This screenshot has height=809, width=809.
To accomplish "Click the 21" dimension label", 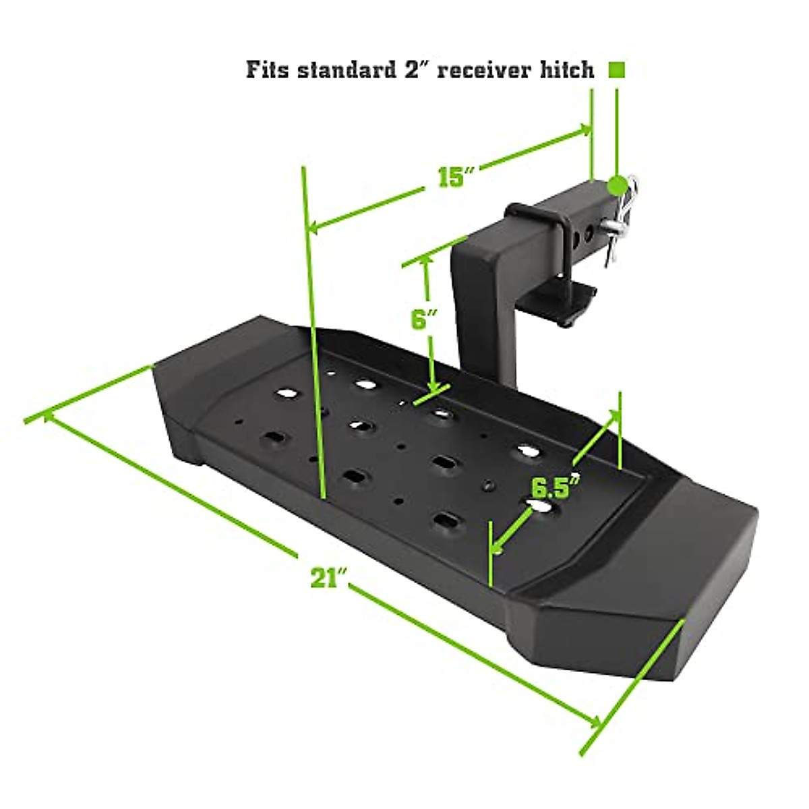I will pyautogui.click(x=328, y=578).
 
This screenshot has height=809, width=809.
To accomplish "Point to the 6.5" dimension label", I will pyautogui.click(x=555, y=486).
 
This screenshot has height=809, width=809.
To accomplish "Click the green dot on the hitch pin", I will pyautogui.click(x=616, y=184).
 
